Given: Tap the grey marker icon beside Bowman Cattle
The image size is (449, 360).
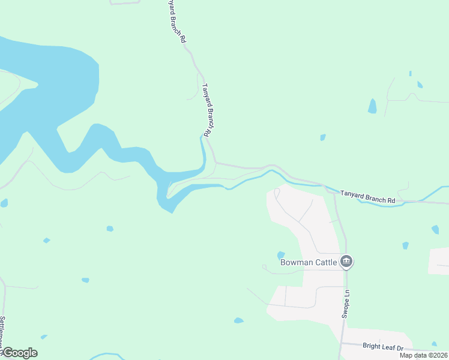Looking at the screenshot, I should pos(346,262).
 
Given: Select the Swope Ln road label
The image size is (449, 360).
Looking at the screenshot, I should pos(346,305).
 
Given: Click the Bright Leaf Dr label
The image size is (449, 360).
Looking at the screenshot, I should pos(384,346).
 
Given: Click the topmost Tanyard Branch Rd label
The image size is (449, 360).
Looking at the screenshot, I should pos(176,20).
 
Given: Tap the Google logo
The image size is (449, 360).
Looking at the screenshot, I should pos(19,353).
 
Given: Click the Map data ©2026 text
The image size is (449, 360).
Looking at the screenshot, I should pos(424,355).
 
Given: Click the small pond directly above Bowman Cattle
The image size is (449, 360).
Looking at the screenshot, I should pos(281,254).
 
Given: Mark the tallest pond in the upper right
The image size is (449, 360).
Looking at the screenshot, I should pos(373,106).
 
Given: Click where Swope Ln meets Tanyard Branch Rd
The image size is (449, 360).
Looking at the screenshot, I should pos(334,193).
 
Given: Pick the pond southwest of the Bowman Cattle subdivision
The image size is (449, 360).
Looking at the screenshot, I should pos(239,320).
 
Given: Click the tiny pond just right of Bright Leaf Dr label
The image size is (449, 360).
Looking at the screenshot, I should pos(434,344).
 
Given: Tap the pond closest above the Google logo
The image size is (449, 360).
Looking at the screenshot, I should pos(43,337).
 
